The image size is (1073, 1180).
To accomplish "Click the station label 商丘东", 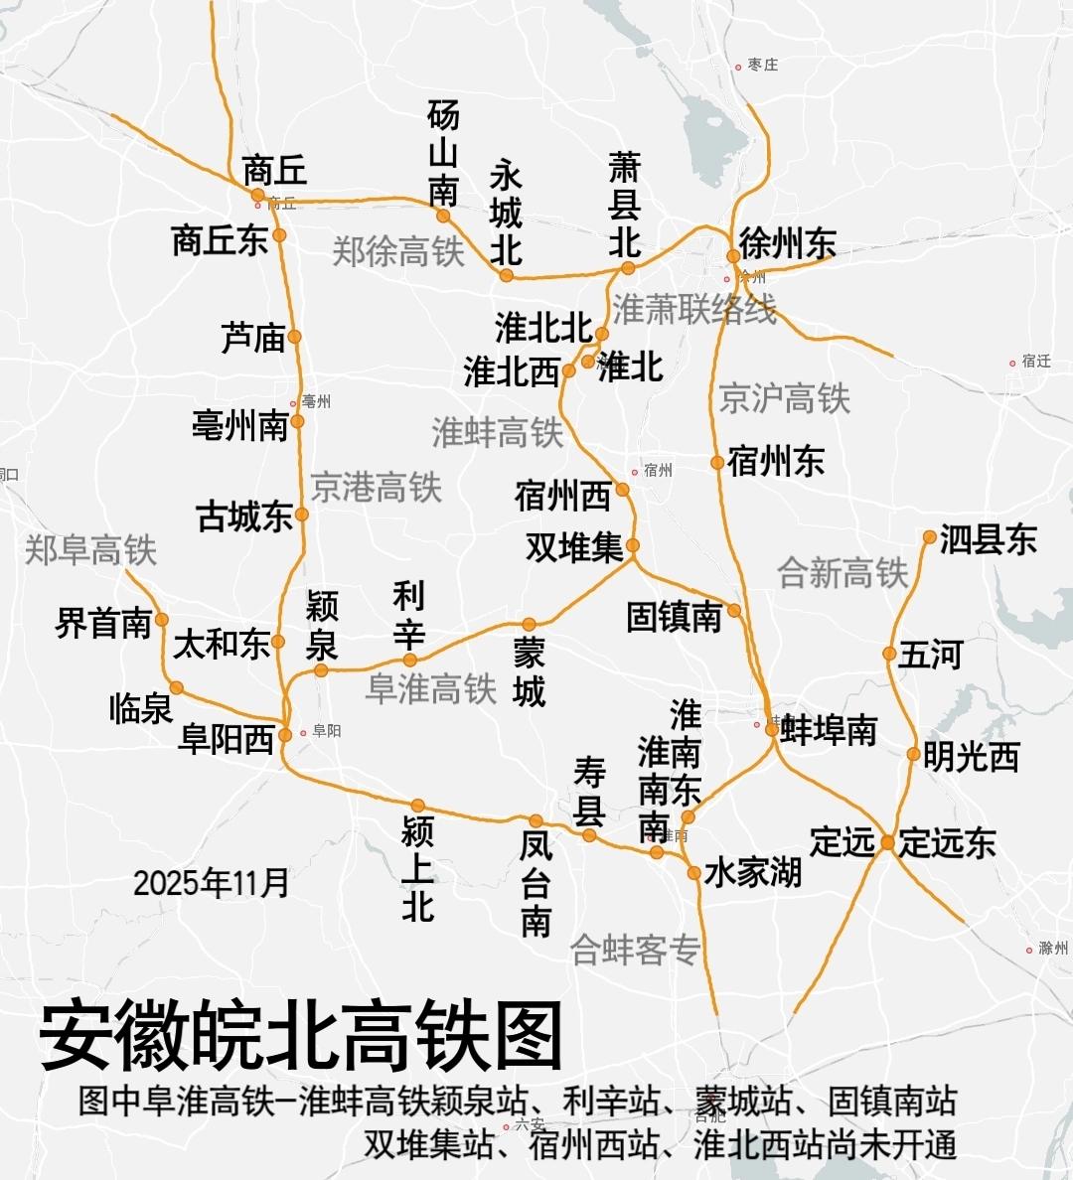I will [220, 240].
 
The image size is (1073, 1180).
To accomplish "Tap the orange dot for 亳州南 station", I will [297, 421].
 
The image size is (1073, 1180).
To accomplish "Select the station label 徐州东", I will [788, 243].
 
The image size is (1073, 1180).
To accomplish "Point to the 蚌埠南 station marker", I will [771, 729].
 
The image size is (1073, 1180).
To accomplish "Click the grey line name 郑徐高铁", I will [397, 251].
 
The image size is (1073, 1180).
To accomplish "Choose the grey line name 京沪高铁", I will [785, 398].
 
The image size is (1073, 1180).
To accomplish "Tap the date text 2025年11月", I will [211, 882].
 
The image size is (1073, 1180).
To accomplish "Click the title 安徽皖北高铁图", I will [301, 1034].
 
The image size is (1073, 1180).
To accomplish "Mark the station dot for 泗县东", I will [929, 537].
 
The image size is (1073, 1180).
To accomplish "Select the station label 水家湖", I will [753, 873].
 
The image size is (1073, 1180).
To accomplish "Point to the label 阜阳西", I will [227, 739].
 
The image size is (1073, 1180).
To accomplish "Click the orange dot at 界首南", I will [161, 620].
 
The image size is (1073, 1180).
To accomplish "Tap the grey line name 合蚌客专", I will [636, 951].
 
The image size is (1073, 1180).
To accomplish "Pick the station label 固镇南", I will [674, 617].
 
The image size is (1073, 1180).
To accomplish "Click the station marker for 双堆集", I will [633, 545].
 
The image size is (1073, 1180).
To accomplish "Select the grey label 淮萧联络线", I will [693, 310].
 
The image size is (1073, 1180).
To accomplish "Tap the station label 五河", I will [931, 656].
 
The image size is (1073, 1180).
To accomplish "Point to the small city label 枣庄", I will [763, 65].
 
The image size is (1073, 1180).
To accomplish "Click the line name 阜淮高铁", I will [430, 688].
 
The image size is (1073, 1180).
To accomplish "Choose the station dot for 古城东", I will [302, 515].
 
